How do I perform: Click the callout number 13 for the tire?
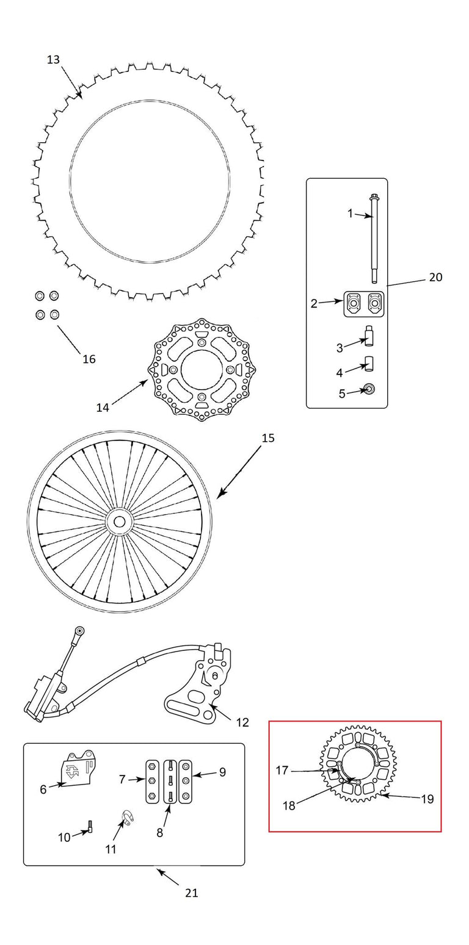(x=53, y=60)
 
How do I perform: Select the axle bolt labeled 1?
(x=374, y=239)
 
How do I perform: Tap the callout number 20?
(x=435, y=277)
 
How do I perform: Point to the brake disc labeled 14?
(x=202, y=370)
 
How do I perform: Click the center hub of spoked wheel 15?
(x=119, y=522)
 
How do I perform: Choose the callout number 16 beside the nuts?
(x=89, y=359)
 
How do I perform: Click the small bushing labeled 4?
(x=370, y=364)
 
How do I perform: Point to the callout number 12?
(x=242, y=722)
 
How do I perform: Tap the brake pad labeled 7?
(x=152, y=782)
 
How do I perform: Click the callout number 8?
(x=159, y=833)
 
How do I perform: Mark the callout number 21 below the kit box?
(x=191, y=893)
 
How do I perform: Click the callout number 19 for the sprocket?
(x=427, y=799)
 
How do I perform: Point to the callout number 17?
(x=282, y=771)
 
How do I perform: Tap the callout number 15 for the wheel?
(x=268, y=438)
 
